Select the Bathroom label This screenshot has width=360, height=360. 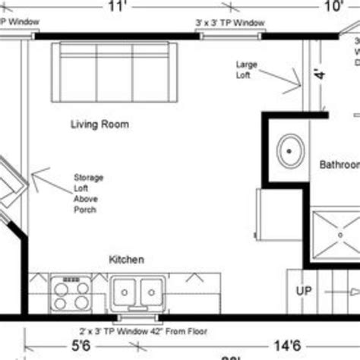pos(339,164)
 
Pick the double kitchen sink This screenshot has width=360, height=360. pos(138,291)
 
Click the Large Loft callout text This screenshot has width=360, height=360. pos(248,70)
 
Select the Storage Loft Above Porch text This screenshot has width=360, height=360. pos(89,193)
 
